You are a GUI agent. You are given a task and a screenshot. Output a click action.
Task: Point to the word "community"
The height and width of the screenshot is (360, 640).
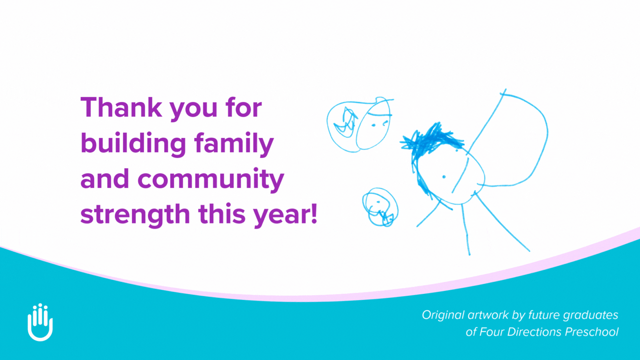(211, 180)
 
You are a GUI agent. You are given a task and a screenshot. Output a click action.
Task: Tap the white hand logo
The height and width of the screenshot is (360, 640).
(40, 322)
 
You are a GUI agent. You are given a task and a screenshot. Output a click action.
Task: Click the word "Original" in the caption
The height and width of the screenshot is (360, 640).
(443, 315)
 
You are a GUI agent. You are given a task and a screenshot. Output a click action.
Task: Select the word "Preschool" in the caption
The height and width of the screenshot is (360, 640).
(592, 332)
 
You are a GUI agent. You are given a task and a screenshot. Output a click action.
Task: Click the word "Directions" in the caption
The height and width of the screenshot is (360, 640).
(534, 332)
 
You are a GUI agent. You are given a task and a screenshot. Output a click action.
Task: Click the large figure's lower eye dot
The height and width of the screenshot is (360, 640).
(444, 177)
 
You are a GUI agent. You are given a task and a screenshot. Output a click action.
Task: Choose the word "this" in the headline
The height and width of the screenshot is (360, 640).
(222, 214)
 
